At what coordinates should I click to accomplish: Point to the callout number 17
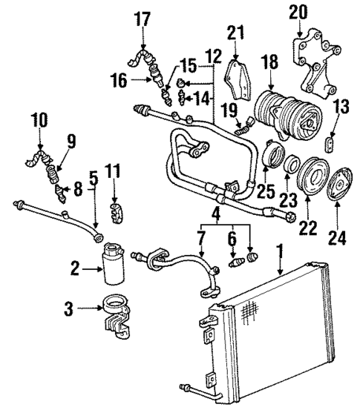[142, 21]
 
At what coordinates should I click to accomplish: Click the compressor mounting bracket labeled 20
[312, 59]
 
